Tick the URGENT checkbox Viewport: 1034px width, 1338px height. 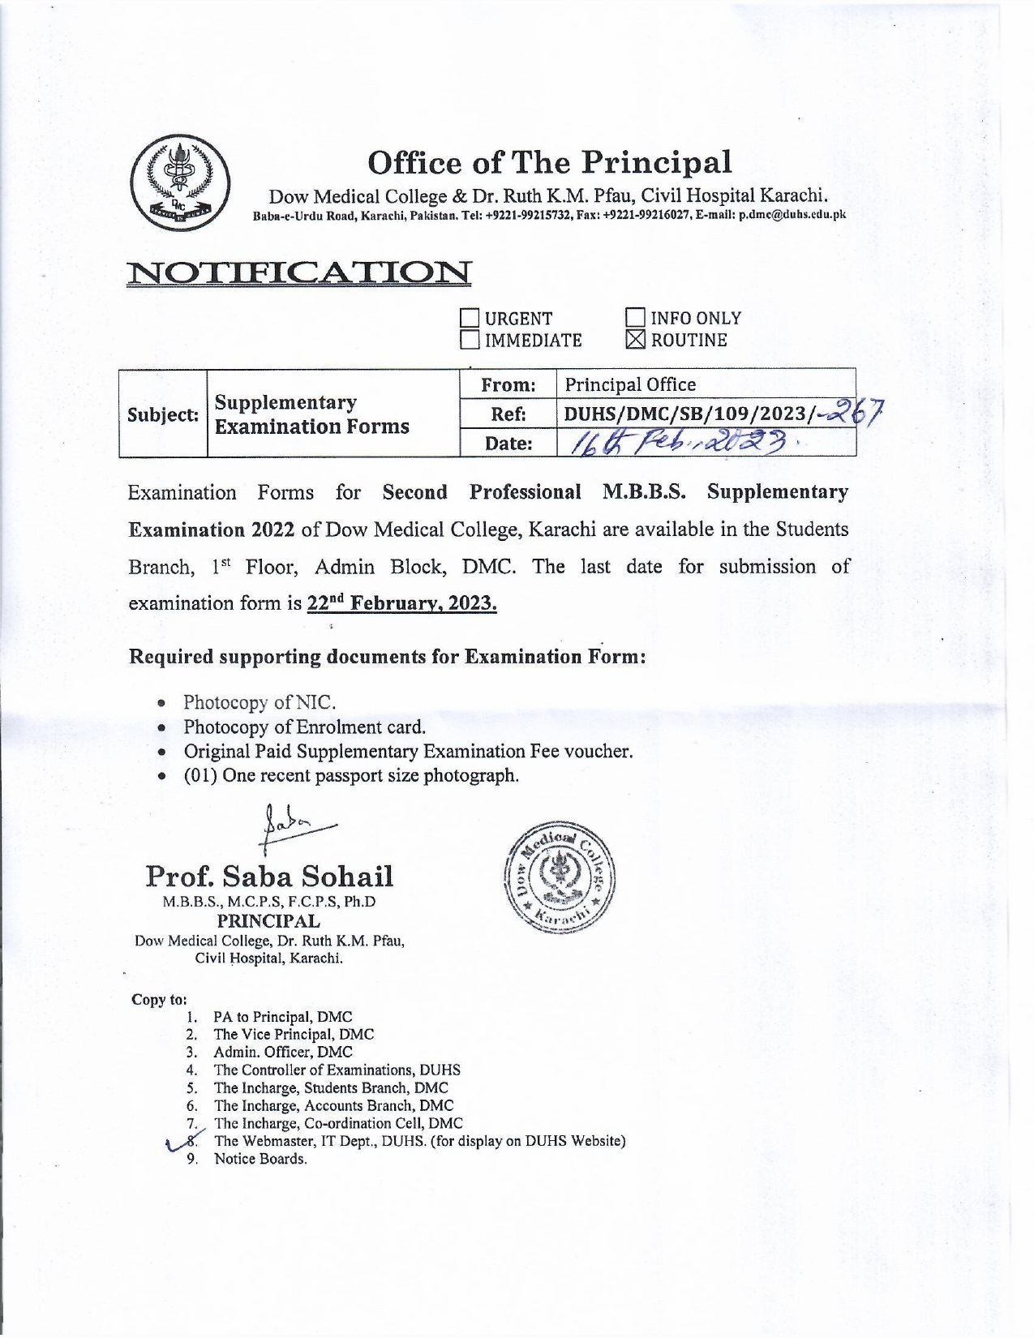pyautogui.click(x=470, y=319)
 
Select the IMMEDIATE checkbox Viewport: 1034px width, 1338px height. pyautogui.click(x=470, y=341)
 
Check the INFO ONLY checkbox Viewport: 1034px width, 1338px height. pyautogui.click(x=637, y=319)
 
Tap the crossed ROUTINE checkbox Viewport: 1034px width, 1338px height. pyautogui.click(x=637, y=341)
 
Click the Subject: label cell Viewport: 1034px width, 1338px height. pyautogui.click(x=163, y=414)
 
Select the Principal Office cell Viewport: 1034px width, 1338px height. pyautogui.click(x=630, y=384)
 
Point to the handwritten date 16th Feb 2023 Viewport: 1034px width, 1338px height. pyautogui.click(x=681, y=443)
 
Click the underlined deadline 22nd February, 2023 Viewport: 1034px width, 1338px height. pyautogui.click(x=402, y=603)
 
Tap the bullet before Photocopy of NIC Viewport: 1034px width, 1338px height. pyautogui.click(x=164, y=703)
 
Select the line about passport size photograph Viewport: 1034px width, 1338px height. pyautogui.click(x=351, y=775)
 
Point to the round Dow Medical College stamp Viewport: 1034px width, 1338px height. pyautogui.click(x=560, y=880)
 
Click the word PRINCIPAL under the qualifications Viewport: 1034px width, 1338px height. pyautogui.click(x=268, y=921)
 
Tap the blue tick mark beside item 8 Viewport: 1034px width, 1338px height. pyautogui.click(x=175, y=1143)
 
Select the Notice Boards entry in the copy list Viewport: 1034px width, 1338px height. pyautogui.click(x=260, y=1160)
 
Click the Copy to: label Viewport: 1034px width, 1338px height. pyautogui.click(x=159, y=999)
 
